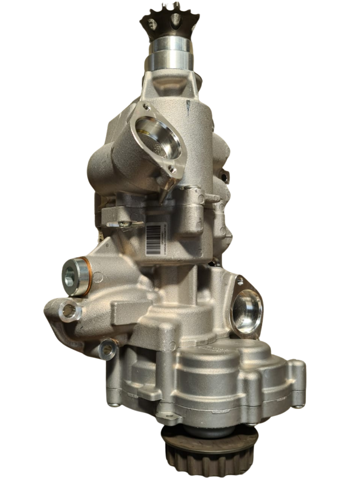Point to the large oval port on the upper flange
(157, 138)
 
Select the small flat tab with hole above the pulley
(173, 417)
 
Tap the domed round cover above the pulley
(207, 372)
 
